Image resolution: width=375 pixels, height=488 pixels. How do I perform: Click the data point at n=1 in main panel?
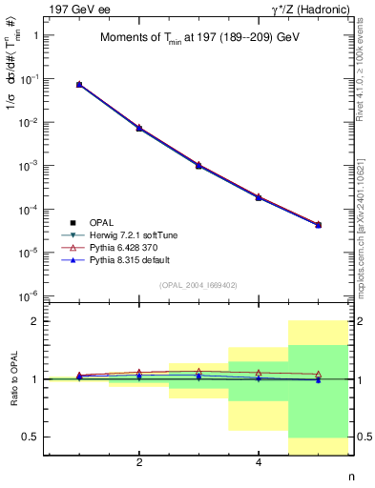click(79, 85)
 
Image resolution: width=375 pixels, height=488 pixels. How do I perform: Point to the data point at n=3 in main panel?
click(198, 165)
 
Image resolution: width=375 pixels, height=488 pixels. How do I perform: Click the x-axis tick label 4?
click(259, 463)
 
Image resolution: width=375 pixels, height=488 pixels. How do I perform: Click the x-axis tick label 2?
click(139, 463)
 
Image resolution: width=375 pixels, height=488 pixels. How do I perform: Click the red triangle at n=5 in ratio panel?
click(318, 374)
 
